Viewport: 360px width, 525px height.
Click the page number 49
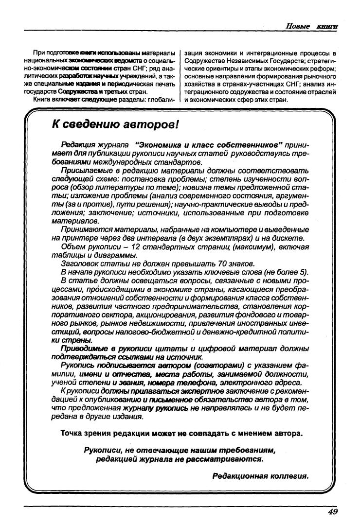[x=333, y=511]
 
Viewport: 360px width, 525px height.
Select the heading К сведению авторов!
[x=116, y=125]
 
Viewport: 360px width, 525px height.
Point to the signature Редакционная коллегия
[x=260, y=476]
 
